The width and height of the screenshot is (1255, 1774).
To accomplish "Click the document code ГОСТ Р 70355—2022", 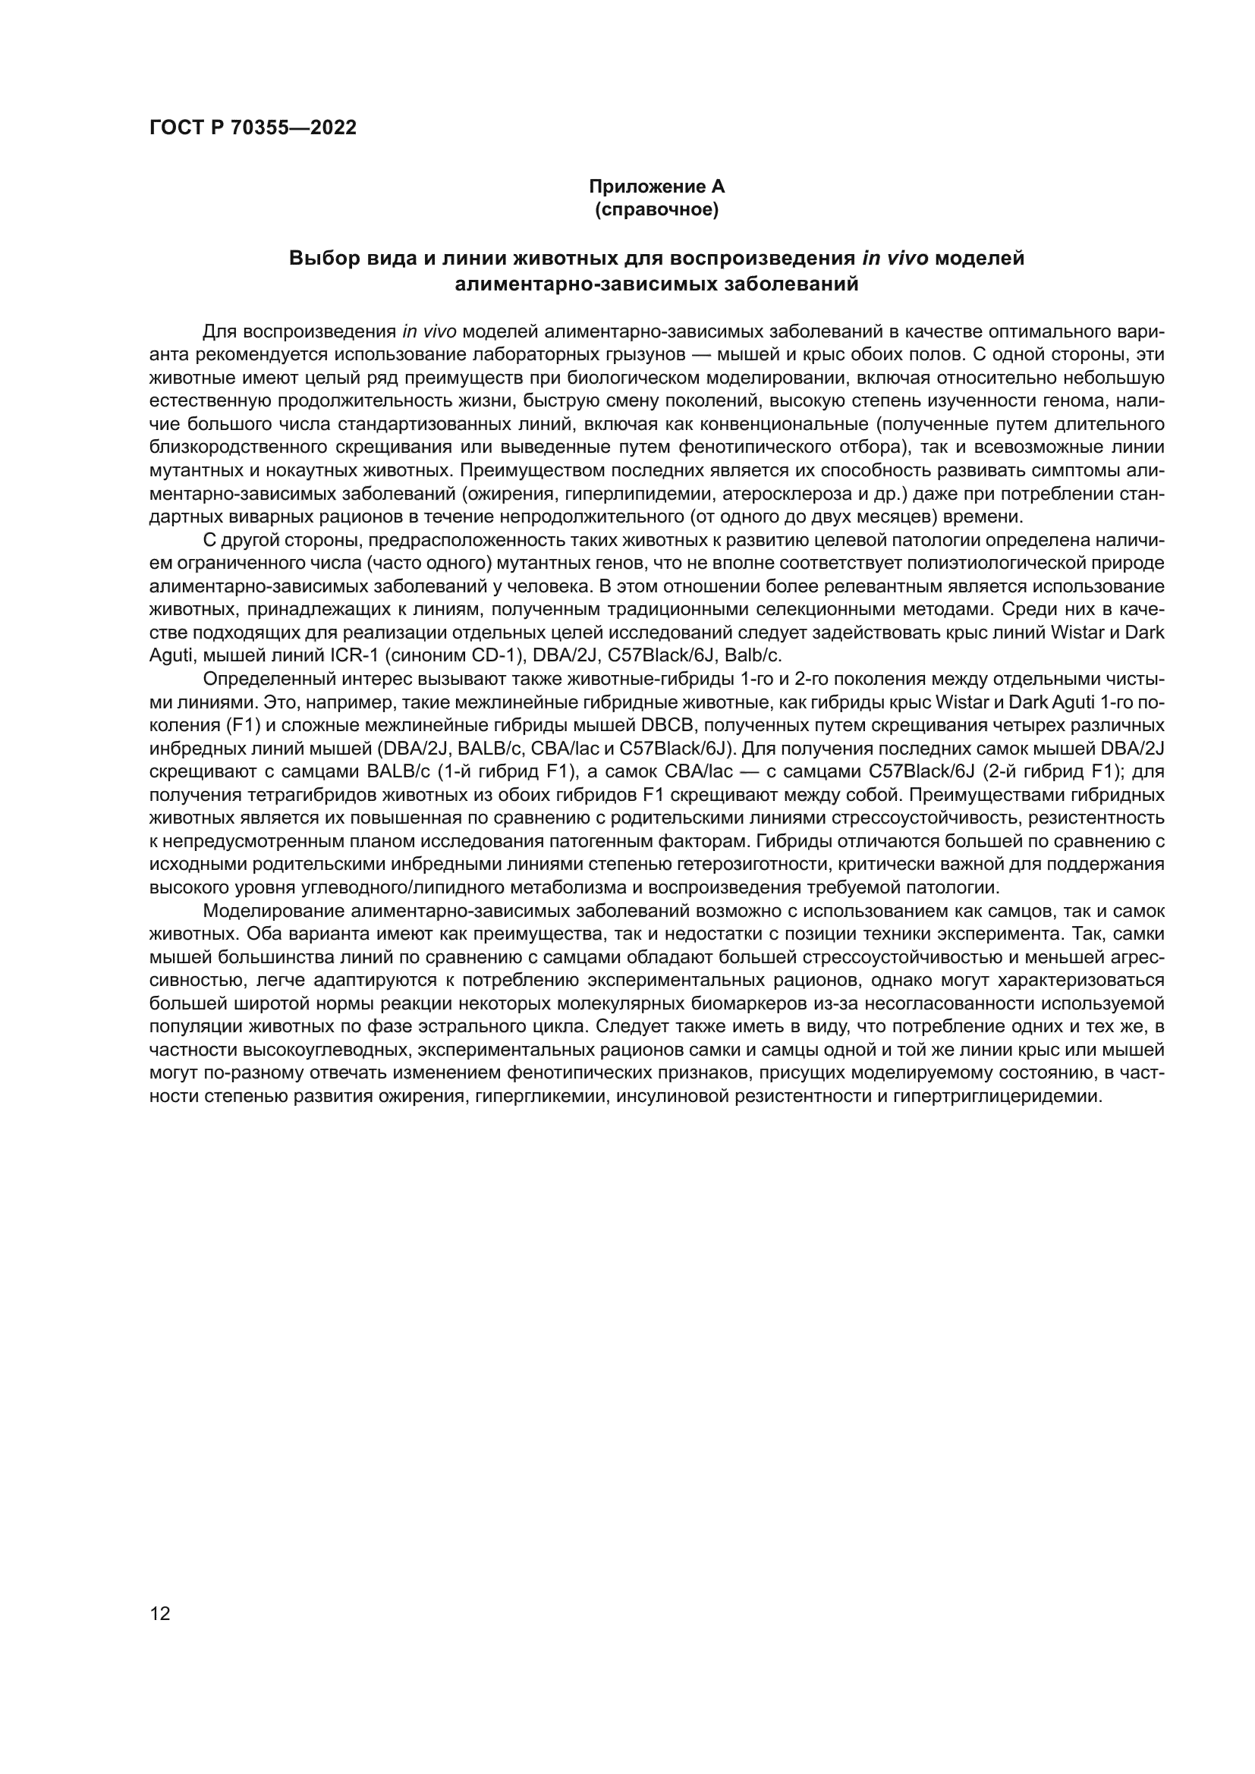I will pos(253,128).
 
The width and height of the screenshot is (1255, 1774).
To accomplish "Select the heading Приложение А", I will pos(657,187).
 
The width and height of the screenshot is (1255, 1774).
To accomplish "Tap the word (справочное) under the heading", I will pos(657,209).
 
